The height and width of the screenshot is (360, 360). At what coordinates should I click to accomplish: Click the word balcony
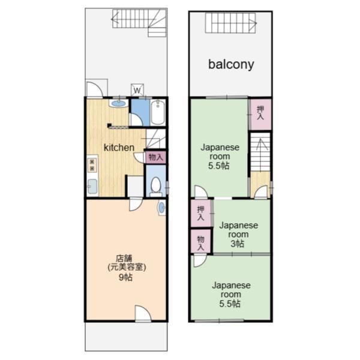231,65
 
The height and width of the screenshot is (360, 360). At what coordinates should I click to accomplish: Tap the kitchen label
119,148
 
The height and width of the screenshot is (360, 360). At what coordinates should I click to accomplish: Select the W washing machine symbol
137,90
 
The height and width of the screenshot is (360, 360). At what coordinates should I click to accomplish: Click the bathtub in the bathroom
158,112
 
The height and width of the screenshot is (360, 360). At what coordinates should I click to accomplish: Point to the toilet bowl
156,185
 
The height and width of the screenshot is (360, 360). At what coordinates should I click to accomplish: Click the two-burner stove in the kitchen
92,165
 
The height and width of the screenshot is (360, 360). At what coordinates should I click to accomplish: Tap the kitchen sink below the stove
92,186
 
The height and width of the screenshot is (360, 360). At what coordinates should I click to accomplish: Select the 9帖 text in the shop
125,277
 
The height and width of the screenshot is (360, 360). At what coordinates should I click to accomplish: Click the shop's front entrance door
143,313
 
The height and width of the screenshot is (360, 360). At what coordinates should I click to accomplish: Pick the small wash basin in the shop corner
162,208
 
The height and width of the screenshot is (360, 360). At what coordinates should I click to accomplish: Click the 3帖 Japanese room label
238,234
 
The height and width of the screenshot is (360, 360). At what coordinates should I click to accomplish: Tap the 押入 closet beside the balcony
260,113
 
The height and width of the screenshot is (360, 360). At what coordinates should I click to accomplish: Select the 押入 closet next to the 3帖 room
201,214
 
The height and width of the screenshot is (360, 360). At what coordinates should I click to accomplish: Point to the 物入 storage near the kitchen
155,157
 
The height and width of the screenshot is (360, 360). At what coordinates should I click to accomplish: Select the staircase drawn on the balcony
230,23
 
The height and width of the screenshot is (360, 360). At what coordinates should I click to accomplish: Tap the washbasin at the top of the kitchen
119,103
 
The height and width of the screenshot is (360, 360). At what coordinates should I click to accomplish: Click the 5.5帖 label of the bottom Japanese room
230,304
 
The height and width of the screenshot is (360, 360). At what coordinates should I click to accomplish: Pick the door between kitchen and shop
136,204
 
